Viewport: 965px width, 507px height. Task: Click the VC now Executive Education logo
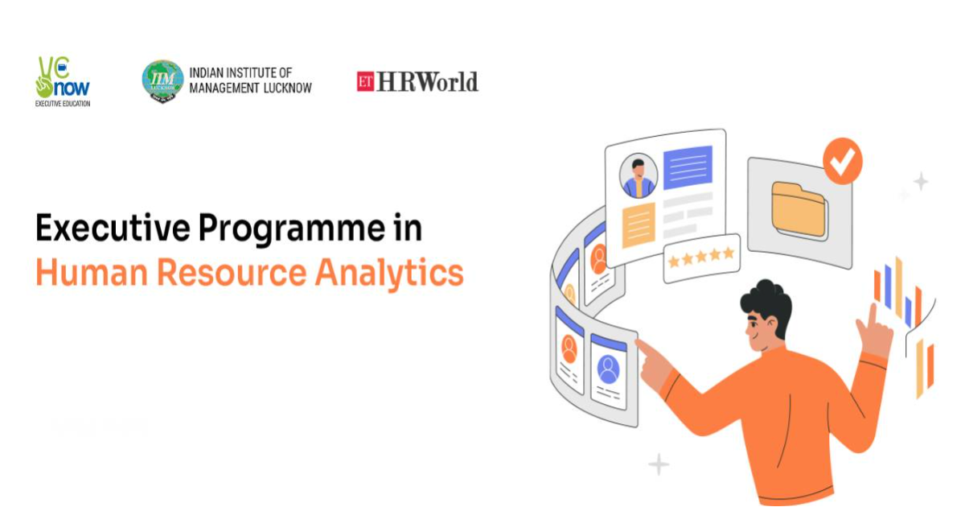coord(63,81)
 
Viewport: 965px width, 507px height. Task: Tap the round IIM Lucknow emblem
coord(162,81)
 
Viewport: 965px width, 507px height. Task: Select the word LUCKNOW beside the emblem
coord(287,88)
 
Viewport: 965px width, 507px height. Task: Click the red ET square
coord(365,81)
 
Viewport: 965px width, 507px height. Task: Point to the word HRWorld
coord(427,81)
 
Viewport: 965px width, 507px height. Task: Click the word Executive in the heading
coord(113,228)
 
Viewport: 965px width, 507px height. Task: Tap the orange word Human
coord(92,273)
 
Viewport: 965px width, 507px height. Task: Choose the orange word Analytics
coord(389,274)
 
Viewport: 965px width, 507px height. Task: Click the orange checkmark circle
coord(842,161)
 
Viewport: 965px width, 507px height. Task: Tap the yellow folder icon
coord(799,209)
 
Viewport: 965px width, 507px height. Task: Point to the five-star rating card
coord(701,258)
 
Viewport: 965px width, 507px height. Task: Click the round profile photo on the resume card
coord(638,176)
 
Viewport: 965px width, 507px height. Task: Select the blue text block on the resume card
coord(688,167)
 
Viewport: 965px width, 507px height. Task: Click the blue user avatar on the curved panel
coord(608,369)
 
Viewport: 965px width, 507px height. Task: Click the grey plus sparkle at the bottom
coord(659,464)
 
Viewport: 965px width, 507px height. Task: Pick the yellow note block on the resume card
coord(639,225)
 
